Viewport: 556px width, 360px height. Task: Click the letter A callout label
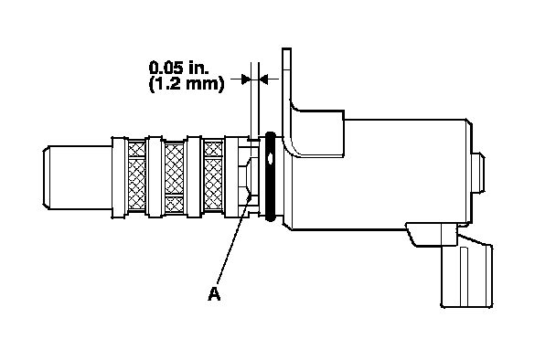pos(214,293)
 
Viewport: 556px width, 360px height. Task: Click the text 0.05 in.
pos(179,68)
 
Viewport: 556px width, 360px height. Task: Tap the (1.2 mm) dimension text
pos(187,84)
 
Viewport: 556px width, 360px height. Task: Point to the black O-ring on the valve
pos(270,176)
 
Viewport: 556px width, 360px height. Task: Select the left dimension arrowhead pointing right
pos(246,79)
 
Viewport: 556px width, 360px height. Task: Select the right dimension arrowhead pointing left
pos(264,79)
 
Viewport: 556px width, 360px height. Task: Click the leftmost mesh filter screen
pos(136,175)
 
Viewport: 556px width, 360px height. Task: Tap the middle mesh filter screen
pos(175,177)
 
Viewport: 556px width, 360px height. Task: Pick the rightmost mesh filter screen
pos(213,175)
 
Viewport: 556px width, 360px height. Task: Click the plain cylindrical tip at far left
pos(78,177)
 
